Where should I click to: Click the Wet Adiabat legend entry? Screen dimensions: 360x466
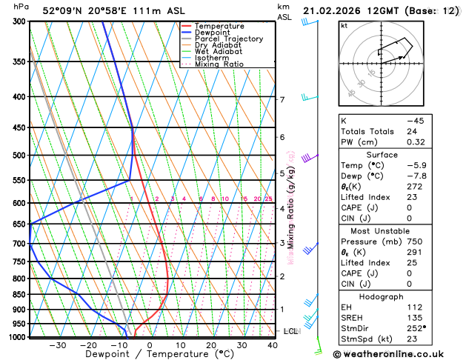click(x=218, y=51)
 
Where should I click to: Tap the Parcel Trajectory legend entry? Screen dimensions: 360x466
click(x=228, y=39)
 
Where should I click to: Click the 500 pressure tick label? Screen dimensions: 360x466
click(x=20, y=156)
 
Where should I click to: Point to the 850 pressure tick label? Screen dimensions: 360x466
click(x=20, y=295)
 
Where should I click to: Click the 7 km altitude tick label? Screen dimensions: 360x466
click(x=282, y=99)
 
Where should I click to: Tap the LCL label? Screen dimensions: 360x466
click(x=290, y=331)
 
